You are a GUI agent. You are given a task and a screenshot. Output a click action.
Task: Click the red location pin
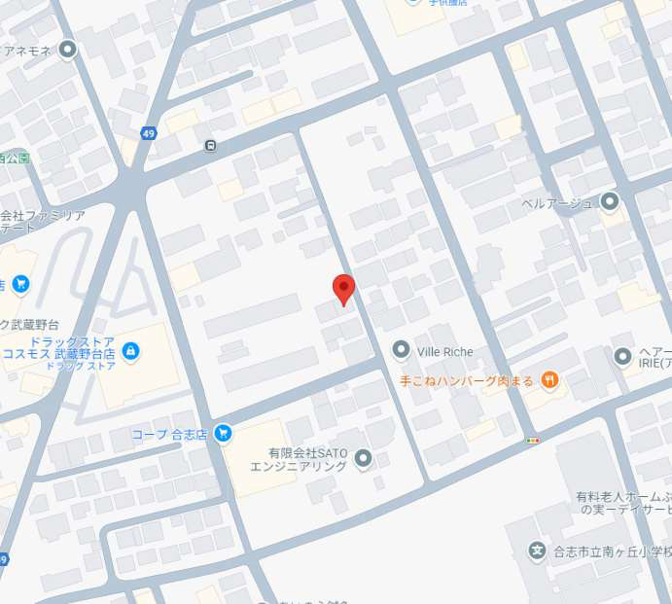pos(343,289)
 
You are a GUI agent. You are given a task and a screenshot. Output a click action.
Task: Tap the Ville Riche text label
pos(444,349)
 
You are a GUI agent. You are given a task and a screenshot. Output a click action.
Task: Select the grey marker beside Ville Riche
pos(401,349)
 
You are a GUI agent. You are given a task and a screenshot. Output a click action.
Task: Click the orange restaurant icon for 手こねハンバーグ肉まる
pos(550,379)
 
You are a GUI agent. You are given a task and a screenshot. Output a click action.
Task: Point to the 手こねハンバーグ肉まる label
pos(466,379)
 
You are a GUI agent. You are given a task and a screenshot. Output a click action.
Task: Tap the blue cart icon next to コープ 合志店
pos(224,433)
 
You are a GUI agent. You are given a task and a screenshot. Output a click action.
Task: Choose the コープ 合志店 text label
pos(170,433)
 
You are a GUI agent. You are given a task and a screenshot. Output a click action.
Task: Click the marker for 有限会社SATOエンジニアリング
pos(364,458)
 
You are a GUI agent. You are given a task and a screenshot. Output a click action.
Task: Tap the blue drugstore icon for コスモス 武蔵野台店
pos(130,350)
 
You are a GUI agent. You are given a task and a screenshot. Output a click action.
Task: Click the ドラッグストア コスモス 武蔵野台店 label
pos(73,350)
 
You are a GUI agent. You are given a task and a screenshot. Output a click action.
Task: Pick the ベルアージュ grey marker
pos(610,202)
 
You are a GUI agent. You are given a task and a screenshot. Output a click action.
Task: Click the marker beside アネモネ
pos(67,50)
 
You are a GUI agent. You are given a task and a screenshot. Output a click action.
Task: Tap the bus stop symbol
pos(211,146)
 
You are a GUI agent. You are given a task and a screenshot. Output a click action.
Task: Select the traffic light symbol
pos(532,441)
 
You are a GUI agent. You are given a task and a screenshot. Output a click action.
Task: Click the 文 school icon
pos(536,551)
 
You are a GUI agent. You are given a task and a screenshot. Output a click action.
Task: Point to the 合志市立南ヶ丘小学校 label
pos(613,551)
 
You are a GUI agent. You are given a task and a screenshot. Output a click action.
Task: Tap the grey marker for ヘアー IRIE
pos(623,357)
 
